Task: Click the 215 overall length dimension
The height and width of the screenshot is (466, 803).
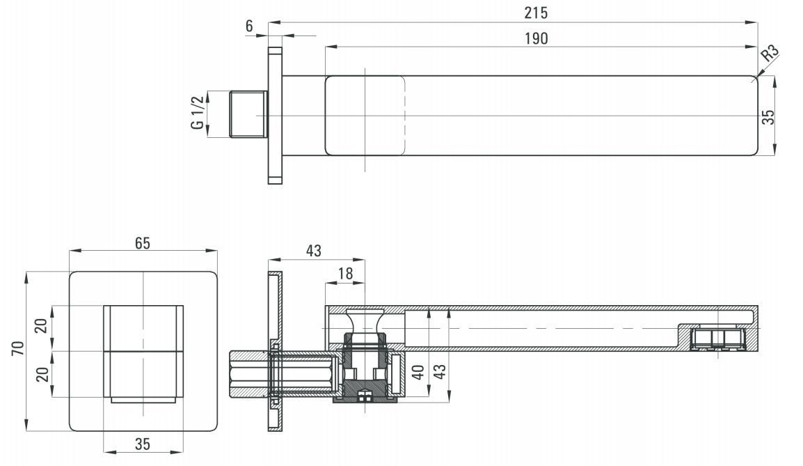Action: pos(536,13)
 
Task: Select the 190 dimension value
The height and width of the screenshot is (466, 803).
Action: pos(536,38)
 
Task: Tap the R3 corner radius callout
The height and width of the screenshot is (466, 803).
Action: pos(769,55)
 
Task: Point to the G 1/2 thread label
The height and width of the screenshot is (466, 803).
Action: pos(198,114)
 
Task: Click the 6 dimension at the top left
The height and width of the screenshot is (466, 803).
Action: pos(249,26)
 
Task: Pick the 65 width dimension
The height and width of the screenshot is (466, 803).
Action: pos(143,243)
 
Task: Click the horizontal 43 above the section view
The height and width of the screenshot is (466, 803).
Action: pos(314,250)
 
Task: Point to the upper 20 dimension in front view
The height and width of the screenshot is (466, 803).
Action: pos(42,326)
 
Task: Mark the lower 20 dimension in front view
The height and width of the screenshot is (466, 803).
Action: pos(42,374)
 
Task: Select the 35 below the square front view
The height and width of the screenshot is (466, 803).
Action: pos(143,444)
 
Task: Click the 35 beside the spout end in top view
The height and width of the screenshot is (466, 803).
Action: pos(768,116)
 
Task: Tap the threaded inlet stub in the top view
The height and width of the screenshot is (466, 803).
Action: pos(248,114)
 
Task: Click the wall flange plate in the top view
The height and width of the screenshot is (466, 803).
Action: pos(275,115)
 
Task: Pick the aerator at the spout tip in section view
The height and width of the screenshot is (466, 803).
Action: pos(718,339)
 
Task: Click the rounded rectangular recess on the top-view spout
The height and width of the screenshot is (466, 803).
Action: pos(365,115)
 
